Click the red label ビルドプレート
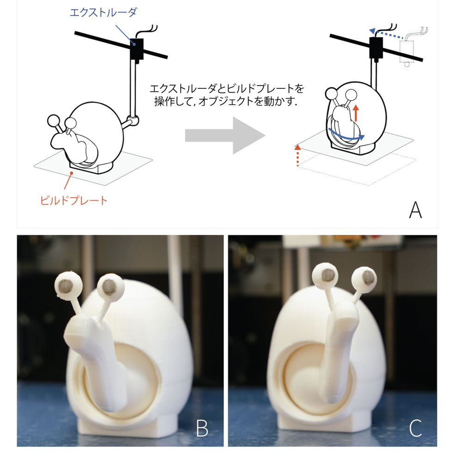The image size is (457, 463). coord(74,201)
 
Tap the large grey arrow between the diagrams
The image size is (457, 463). coord(225,135)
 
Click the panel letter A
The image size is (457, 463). coord(415,210)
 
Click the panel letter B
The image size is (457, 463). coord(202,428)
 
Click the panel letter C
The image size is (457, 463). coord(415,428)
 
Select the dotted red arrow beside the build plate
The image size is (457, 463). coord(297,155)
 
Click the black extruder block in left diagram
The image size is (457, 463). coord(136,48)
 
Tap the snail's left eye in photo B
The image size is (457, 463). coord(68,283)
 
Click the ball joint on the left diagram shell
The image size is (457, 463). coord(133,121)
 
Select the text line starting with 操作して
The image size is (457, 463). coord(226,101)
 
